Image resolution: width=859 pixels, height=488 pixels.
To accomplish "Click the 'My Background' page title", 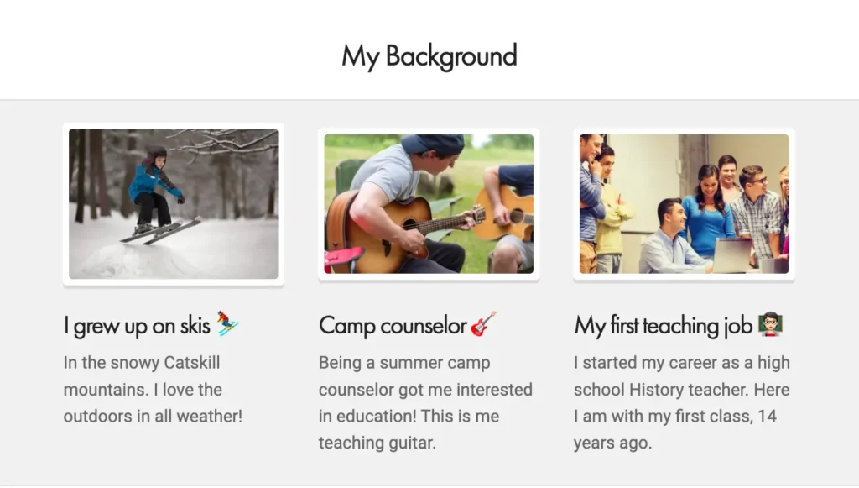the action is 429,56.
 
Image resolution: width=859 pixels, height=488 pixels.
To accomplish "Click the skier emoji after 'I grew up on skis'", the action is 227,323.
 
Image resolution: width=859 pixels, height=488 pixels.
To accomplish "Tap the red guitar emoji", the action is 483,323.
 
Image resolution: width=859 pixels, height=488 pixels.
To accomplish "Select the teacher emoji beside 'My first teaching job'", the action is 770,324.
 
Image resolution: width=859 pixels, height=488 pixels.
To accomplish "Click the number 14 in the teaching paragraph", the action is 767,416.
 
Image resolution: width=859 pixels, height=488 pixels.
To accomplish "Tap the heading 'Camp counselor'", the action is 393,326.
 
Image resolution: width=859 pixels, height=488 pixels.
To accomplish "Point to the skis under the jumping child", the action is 160,230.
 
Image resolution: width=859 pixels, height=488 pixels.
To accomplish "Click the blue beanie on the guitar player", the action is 433,144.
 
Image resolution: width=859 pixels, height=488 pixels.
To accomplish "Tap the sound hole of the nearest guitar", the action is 409,224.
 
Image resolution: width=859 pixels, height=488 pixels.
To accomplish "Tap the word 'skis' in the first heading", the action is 195,326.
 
